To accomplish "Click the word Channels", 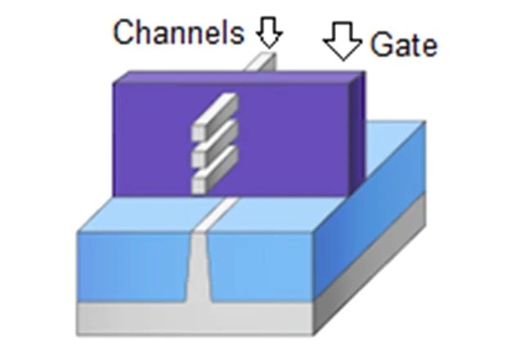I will [x=177, y=33].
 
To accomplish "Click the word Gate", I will [x=403, y=44].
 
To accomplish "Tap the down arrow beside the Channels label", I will [x=269, y=33].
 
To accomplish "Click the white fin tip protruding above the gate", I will [x=264, y=63].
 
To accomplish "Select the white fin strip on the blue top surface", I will [x=215, y=214].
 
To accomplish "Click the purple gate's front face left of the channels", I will [x=151, y=139].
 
